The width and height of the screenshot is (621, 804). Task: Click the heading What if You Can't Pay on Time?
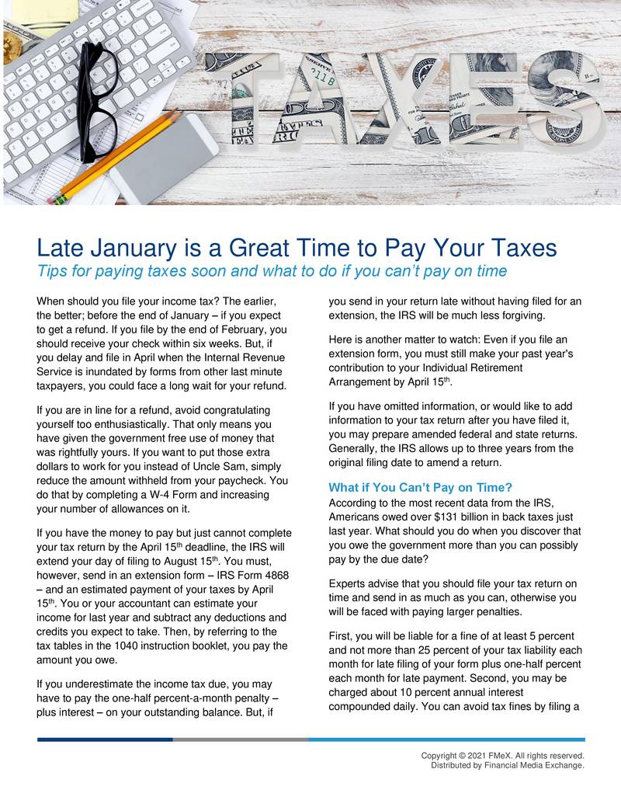[420, 488]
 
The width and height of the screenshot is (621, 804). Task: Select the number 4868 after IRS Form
[278, 576]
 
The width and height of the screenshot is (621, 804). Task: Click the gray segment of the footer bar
[240, 740]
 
